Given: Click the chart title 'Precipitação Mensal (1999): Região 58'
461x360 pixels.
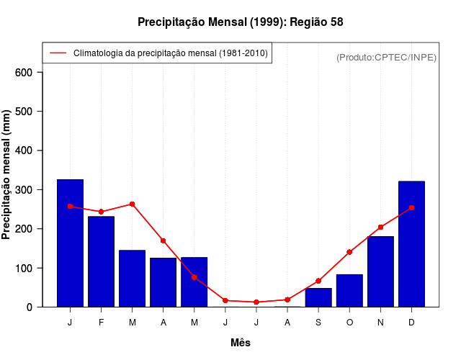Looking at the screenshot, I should click(241, 22).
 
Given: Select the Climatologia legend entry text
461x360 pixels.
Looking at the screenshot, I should click(170, 53).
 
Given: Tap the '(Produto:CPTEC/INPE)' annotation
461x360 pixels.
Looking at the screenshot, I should click(387, 57).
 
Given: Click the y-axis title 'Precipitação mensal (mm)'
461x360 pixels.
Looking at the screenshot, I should click(7, 175).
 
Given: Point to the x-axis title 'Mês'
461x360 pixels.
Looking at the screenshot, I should click(241, 343).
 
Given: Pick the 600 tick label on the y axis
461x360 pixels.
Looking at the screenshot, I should click(24, 73).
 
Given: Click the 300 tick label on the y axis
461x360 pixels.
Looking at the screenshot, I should click(24, 190).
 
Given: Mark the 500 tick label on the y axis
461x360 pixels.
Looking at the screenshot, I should click(24, 112).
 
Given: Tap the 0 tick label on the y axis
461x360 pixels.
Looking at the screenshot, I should click(30, 307).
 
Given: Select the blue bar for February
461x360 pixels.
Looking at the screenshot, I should click(101, 261).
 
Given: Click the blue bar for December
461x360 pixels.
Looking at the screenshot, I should click(411, 244).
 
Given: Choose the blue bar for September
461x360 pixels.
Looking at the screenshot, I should click(318, 297).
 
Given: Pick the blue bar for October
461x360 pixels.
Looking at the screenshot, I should click(349, 290).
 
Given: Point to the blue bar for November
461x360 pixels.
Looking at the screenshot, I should click(380, 271).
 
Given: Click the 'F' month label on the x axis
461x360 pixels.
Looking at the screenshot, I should click(101, 323).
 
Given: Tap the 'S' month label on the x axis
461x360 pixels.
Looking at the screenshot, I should click(318, 323).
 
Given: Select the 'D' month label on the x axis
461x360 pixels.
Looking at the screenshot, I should click(411, 323).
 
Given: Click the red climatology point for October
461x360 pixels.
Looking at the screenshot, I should click(349, 252).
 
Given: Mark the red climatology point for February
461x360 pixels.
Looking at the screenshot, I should click(101, 212).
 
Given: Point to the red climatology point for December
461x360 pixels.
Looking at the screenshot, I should click(411, 207).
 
